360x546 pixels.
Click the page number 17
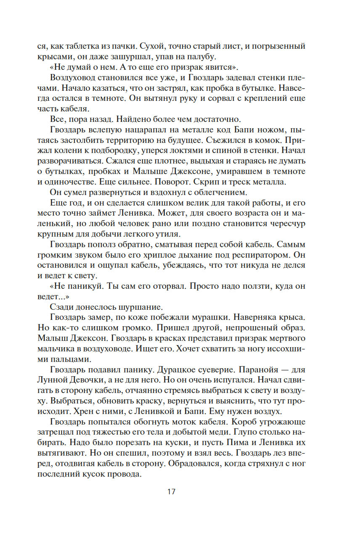(171, 491)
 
